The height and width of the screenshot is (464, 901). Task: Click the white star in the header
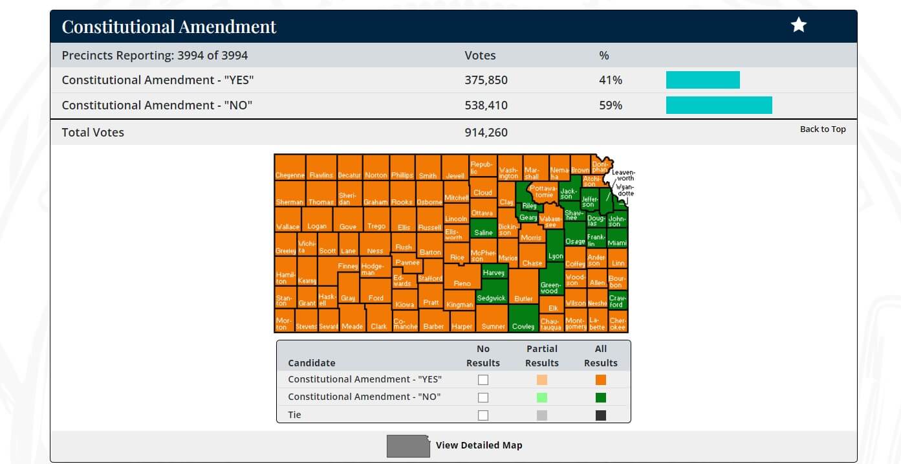[x=799, y=25]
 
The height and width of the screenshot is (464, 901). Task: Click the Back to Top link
[x=823, y=129]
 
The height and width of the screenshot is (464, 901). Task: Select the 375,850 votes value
[x=486, y=80]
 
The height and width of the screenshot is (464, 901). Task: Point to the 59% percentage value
[x=610, y=105]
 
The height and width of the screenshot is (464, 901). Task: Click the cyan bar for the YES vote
[x=702, y=80]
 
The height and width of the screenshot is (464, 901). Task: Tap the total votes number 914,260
[x=486, y=133]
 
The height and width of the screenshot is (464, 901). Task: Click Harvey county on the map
[x=494, y=272]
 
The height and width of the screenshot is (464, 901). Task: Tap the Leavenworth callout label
[x=623, y=175]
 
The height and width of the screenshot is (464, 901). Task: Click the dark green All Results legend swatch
[x=600, y=397]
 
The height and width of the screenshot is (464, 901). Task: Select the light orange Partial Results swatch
[x=541, y=380]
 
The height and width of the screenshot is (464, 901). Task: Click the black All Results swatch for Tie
[x=600, y=415]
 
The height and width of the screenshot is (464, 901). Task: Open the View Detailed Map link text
[x=479, y=445]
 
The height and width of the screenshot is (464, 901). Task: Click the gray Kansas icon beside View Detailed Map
[x=408, y=446]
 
